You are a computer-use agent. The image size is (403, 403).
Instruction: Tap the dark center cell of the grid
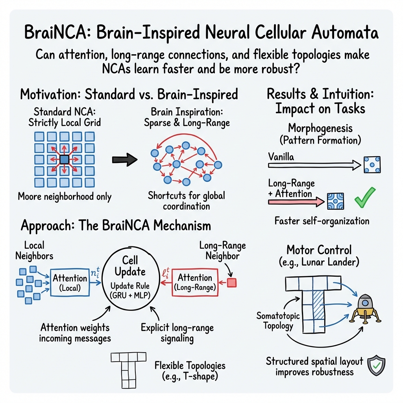(x=65, y=159)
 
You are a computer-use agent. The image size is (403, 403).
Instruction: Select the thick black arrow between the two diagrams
(x=124, y=159)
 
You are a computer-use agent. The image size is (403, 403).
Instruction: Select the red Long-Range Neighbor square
(x=232, y=283)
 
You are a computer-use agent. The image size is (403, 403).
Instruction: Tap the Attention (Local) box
(x=70, y=283)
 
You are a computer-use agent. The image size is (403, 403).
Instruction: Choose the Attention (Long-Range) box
(x=195, y=282)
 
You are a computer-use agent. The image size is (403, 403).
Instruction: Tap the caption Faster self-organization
(x=322, y=220)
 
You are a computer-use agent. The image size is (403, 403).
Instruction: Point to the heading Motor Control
(x=319, y=250)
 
